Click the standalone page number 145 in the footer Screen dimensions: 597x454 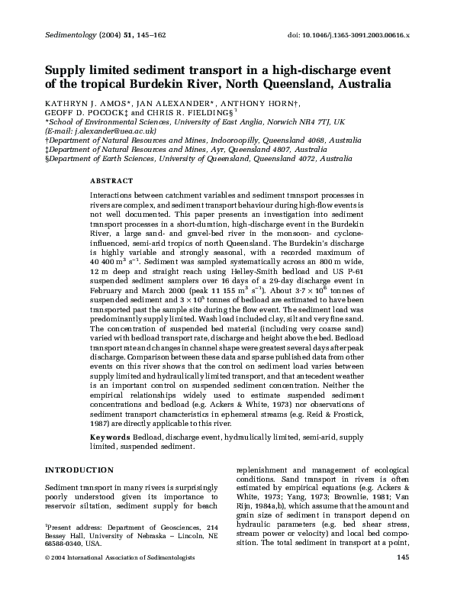[406, 579]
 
